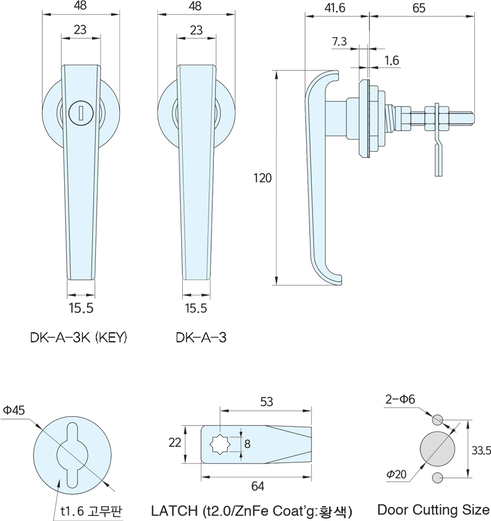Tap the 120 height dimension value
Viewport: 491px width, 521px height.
(x=262, y=177)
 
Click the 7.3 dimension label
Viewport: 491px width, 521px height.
(x=339, y=42)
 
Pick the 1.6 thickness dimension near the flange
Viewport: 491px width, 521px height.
(x=392, y=61)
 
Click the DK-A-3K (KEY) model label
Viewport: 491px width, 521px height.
(x=79, y=338)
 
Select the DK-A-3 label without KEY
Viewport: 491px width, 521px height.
(x=201, y=338)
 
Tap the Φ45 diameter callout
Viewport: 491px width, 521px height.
(x=14, y=410)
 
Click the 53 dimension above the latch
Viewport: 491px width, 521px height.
(x=266, y=402)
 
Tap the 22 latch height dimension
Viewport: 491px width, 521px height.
(x=175, y=443)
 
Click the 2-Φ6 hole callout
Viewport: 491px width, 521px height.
(x=400, y=399)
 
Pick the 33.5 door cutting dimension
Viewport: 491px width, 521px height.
(x=481, y=450)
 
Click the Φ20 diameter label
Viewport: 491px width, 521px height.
(x=397, y=475)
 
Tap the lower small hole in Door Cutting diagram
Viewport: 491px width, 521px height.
(x=437, y=477)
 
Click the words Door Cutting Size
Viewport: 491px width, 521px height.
(x=433, y=510)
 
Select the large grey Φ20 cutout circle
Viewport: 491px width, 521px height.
(x=437, y=448)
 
